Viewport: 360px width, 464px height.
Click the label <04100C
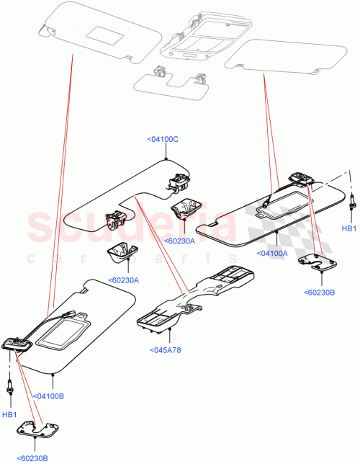click(x=162, y=138)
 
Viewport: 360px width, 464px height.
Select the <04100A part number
click(x=271, y=253)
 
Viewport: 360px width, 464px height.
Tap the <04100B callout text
click(x=49, y=396)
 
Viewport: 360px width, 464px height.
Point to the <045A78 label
click(x=167, y=351)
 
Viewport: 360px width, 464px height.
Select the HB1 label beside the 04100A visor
click(x=349, y=228)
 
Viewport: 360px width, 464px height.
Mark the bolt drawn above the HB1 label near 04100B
click(x=11, y=387)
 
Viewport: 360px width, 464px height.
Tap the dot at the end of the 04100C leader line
click(x=166, y=158)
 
